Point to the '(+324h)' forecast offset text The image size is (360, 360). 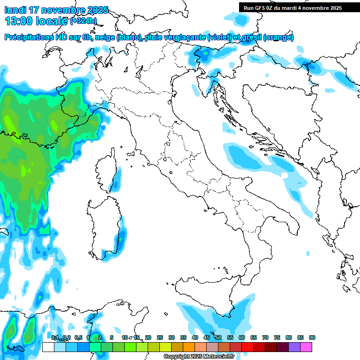click(82, 21)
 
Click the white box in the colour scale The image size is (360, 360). click(48, 347)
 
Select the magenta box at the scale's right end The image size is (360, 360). click(306, 347)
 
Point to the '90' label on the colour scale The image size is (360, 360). click(312, 338)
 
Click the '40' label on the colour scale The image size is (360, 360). click(195, 338)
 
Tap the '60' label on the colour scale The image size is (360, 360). click(242, 338)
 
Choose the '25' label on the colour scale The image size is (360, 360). click(160, 338)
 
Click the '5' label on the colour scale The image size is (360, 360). click(111, 338)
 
